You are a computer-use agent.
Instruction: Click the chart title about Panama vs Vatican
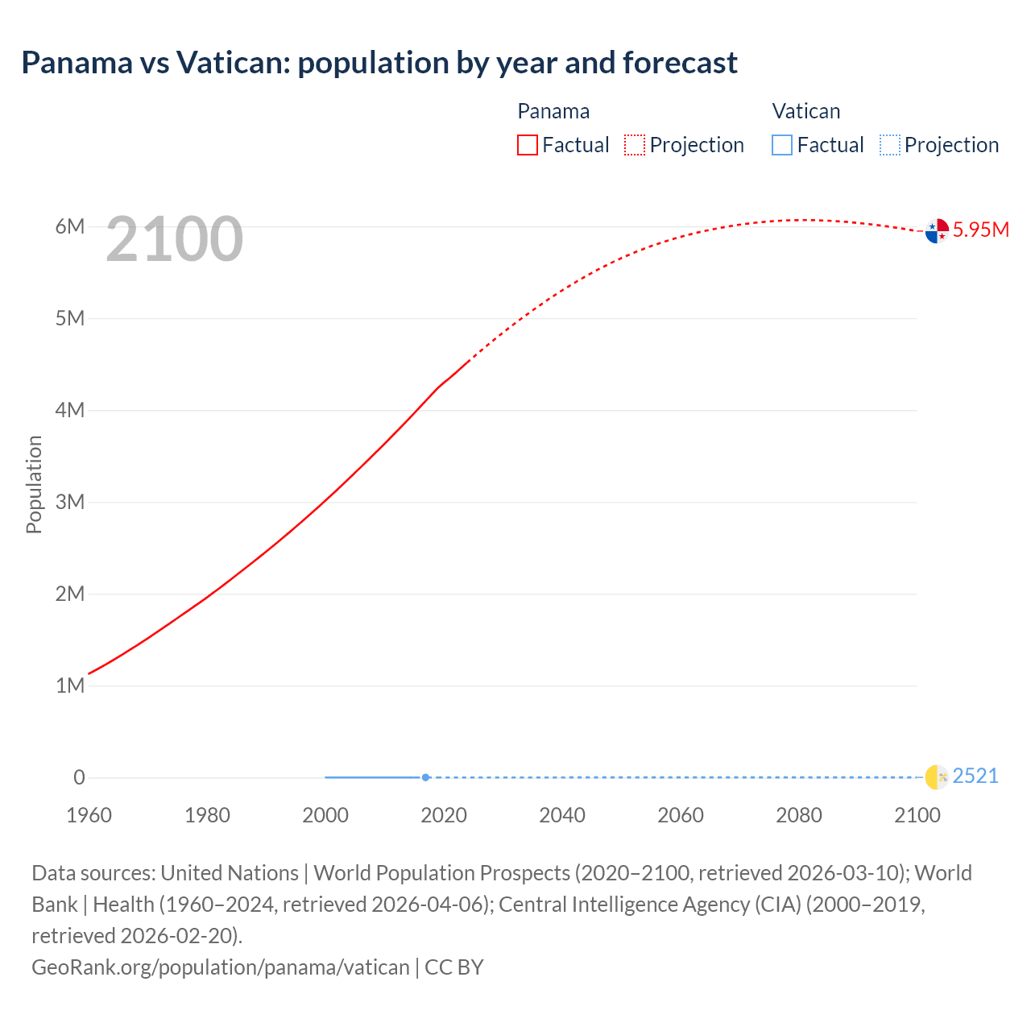[x=379, y=62]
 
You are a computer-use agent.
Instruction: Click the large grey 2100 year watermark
[x=174, y=238]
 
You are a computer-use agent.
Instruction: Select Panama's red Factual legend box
[x=528, y=145]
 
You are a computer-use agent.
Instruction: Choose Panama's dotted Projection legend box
[x=635, y=145]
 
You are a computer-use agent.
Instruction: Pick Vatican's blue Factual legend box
[x=782, y=145]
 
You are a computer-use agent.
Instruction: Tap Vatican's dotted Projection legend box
[x=889, y=145]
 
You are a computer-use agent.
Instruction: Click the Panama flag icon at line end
[x=937, y=231]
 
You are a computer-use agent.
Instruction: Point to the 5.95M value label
[x=980, y=230]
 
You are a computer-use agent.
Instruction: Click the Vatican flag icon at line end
[x=937, y=777]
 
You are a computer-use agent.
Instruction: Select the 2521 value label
[x=975, y=776]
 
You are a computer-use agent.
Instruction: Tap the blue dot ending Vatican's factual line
[x=425, y=777]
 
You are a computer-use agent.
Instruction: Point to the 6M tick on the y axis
[x=70, y=226]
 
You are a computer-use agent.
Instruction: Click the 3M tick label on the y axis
[x=70, y=502]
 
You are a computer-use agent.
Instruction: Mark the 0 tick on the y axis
[x=79, y=777]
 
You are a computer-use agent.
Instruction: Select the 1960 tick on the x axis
[x=89, y=815]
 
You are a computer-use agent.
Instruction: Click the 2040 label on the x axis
[x=562, y=815]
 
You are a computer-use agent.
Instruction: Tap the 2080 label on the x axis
[x=799, y=815]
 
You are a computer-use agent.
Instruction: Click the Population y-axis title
[x=34, y=484]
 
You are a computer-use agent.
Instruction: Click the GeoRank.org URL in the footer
[x=220, y=967]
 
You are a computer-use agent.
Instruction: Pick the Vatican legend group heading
[x=805, y=111]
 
